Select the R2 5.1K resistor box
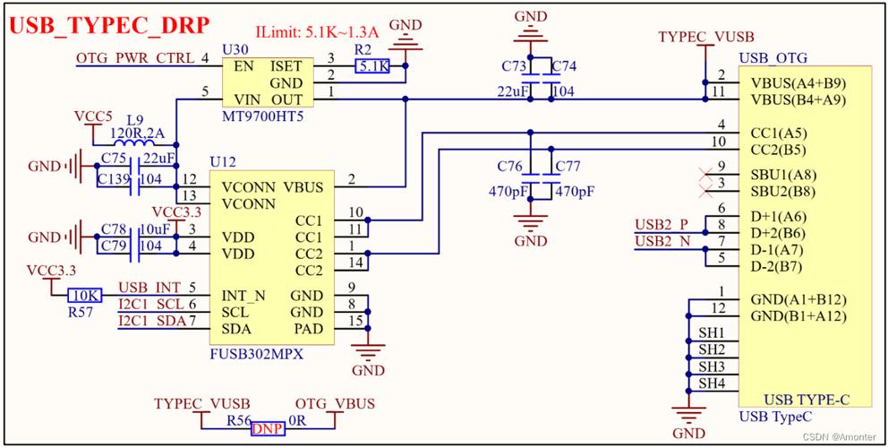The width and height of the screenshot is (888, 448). (x=371, y=66)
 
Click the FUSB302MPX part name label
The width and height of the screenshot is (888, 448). (x=257, y=354)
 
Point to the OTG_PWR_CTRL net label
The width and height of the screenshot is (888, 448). (x=135, y=59)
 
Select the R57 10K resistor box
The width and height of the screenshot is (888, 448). (x=84, y=295)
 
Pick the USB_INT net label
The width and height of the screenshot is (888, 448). (x=149, y=287)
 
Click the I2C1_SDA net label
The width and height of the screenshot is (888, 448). (x=150, y=321)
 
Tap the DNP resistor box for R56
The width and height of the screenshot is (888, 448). (x=268, y=429)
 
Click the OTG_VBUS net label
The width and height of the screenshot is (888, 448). (x=335, y=404)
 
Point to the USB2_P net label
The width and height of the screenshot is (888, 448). (x=662, y=224)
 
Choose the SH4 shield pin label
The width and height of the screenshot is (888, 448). (x=712, y=383)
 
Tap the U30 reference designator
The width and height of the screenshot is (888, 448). (x=235, y=47)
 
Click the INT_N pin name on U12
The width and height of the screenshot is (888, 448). (x=243, y=296)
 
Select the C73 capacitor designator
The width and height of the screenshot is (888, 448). (x=514, y=66)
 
